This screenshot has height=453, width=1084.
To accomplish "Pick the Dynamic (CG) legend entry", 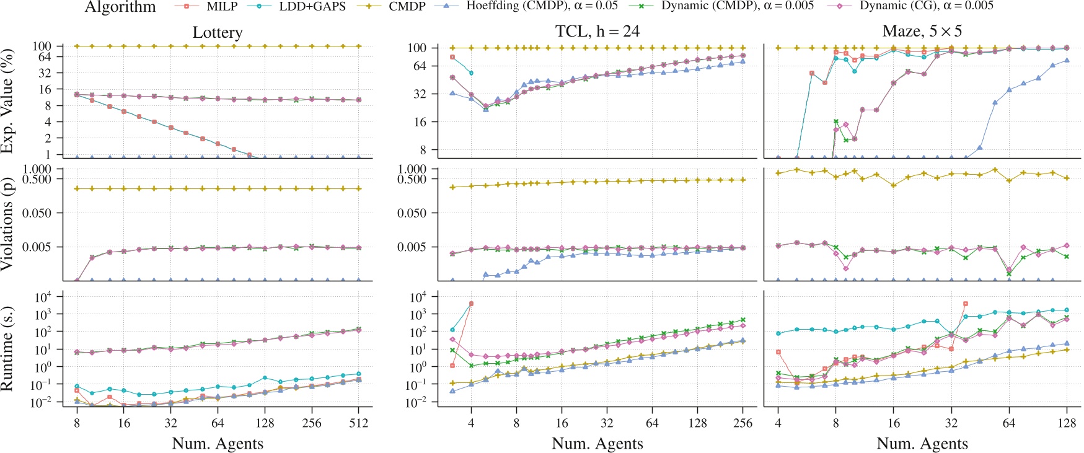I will coord(911,6).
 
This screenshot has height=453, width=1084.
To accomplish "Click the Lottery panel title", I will coord(217,32).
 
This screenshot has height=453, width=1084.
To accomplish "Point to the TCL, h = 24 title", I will coord(597,31).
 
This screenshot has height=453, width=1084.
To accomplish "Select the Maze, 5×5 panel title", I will coord(922,31).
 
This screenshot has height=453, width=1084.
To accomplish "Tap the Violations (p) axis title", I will coord(7,224).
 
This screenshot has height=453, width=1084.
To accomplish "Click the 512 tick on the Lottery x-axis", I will coord(358,423).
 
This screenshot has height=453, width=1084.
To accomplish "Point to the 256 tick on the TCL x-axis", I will coord(742,423).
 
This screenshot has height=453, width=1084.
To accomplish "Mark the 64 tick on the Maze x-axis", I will coord(1009,423).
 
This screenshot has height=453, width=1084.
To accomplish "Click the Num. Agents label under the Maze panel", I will coord(922,444).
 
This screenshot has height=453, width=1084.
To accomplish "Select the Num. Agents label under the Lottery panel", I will coord(217,444).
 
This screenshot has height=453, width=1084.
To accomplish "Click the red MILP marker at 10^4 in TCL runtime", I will coord(471,304).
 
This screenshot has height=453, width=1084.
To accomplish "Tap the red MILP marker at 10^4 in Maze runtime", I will coord(966,304).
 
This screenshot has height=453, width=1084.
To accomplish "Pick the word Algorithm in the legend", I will coord(120,7).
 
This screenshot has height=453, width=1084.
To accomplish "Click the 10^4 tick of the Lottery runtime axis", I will coord(43,297).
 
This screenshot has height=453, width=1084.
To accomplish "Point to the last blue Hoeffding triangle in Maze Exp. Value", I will coord(1067,61).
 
